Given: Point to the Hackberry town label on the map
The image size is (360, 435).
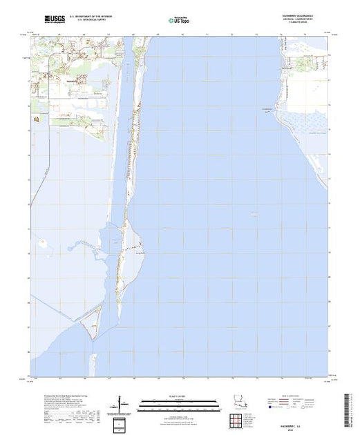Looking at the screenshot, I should point(74,81).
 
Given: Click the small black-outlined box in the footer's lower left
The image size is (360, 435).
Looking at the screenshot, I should point(121,422).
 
